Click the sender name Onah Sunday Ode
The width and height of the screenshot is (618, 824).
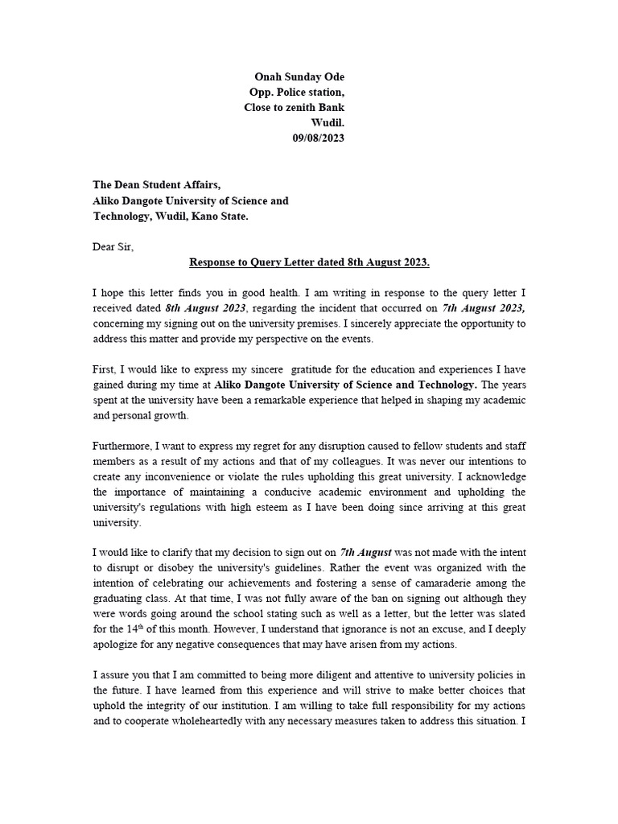(x=299, y=76)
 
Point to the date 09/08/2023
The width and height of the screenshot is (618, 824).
(x=318, y=138)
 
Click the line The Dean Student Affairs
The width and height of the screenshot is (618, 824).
(x=156, y=185)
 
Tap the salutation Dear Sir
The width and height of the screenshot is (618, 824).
(x=113, y=247)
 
